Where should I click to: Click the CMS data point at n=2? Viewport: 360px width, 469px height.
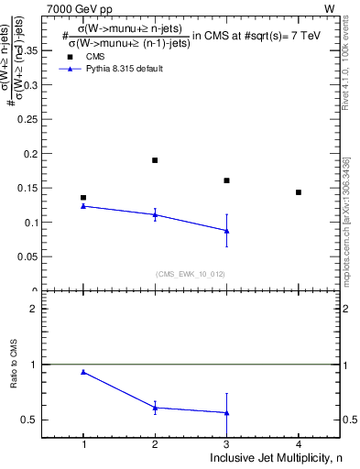click(155, 160)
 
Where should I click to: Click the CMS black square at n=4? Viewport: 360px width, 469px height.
click(299, 192)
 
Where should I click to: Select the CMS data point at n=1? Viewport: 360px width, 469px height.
click(83, 198)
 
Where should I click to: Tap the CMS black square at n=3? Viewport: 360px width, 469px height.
click(226, 180)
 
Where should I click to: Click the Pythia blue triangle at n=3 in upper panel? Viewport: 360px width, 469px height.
click(226, 231)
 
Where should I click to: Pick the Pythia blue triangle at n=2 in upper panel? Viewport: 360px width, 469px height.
click(155, 214)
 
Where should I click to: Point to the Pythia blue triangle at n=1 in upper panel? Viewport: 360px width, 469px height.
click(83, 206)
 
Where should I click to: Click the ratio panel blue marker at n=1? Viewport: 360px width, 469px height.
click(83, 372)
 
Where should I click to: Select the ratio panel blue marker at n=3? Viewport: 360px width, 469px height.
click(226, 413)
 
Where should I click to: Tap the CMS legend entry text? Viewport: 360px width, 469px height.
click(95, 57)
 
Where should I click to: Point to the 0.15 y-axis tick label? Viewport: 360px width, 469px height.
click(29, 188)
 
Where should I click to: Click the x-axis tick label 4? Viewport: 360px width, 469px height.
click(299, 444)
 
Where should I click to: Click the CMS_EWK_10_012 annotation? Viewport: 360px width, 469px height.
click(189, 274)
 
